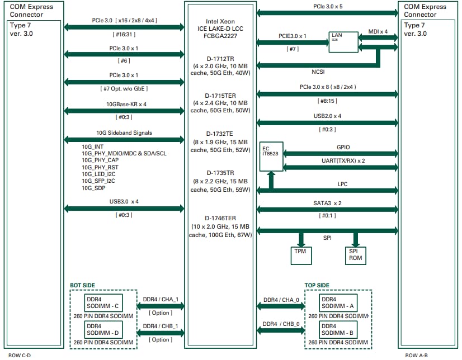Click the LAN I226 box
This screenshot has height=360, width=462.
pyautogui.click(x=340, y=41)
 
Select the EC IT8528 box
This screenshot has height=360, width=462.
pyautogui.click(x=271, y=157)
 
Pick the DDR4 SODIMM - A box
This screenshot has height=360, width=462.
pyautogui.click(x=339, y=303)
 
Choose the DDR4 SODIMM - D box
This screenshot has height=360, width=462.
pyautogui.click(x=104, y=329)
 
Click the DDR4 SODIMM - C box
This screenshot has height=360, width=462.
pyautogui.click(x=104, y=303)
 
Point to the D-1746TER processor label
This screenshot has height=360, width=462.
pyautogui.click(x=221, y=217)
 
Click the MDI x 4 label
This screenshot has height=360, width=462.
pyautogui.click(x=378, y=31)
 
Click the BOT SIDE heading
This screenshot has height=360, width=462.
pyautogui.click(x=83, y=285)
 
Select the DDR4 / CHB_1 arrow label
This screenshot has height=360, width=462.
pyautogui.click(x=161, y=326)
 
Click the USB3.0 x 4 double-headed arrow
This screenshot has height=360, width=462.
pyautogui.click(x=124, y=209)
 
